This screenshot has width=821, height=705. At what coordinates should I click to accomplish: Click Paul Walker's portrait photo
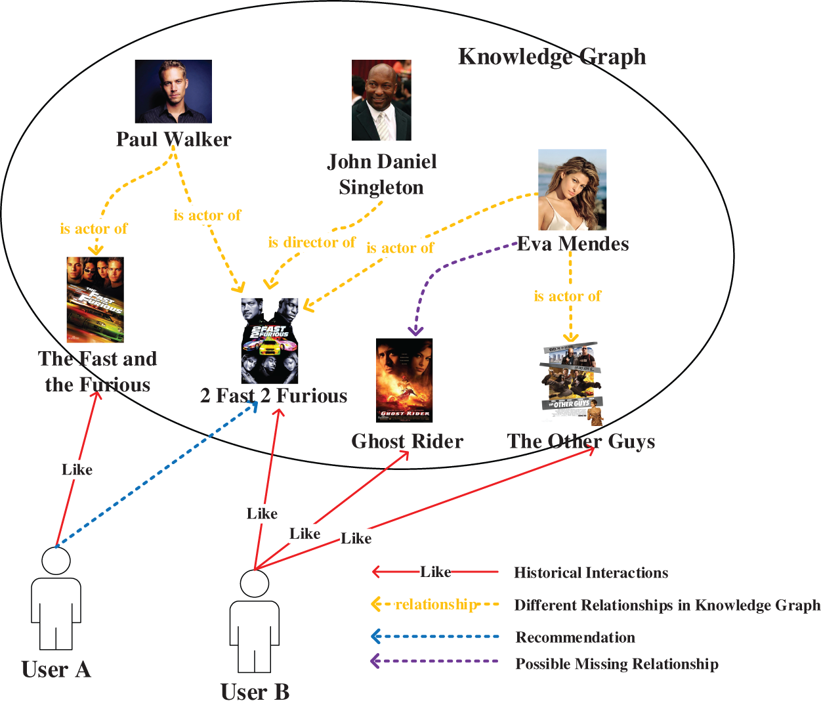pos(173,91)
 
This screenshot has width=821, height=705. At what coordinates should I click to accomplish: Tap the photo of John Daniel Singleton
pos(381,100)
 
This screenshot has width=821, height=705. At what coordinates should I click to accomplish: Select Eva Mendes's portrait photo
pos(572,189)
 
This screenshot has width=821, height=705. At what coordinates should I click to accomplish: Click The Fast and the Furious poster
pos(95,299)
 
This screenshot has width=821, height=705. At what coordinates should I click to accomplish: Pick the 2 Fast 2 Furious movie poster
pos(270,341)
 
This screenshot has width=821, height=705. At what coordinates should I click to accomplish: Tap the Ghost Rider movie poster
pos(404,380)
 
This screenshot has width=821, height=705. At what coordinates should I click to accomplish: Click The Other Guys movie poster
pos(571,383)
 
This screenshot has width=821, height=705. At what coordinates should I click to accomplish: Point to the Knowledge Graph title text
pos(551,56)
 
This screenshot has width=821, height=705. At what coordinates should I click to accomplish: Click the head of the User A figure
pos(56,561)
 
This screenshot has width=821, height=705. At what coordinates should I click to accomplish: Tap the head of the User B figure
pos(254,584)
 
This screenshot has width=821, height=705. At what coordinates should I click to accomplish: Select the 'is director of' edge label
pos(311,242)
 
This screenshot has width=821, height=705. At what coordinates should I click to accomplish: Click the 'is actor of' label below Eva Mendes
pos(567,296)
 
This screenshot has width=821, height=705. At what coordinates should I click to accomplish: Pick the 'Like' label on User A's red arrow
pos(77,469)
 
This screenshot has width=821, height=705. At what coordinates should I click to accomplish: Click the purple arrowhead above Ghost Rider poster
pos(415,330)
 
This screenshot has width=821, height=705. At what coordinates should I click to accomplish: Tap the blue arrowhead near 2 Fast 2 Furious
pos(253,406)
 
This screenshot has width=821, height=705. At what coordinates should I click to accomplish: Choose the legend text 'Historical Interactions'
pos(591,573)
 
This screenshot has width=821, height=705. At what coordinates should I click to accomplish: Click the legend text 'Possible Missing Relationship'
pos(616,664)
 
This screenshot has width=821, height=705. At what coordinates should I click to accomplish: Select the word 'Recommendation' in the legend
pos(575,637)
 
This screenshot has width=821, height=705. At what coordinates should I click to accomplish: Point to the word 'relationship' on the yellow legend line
pos(436,604)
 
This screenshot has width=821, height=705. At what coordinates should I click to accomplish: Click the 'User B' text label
pos(255,692)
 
